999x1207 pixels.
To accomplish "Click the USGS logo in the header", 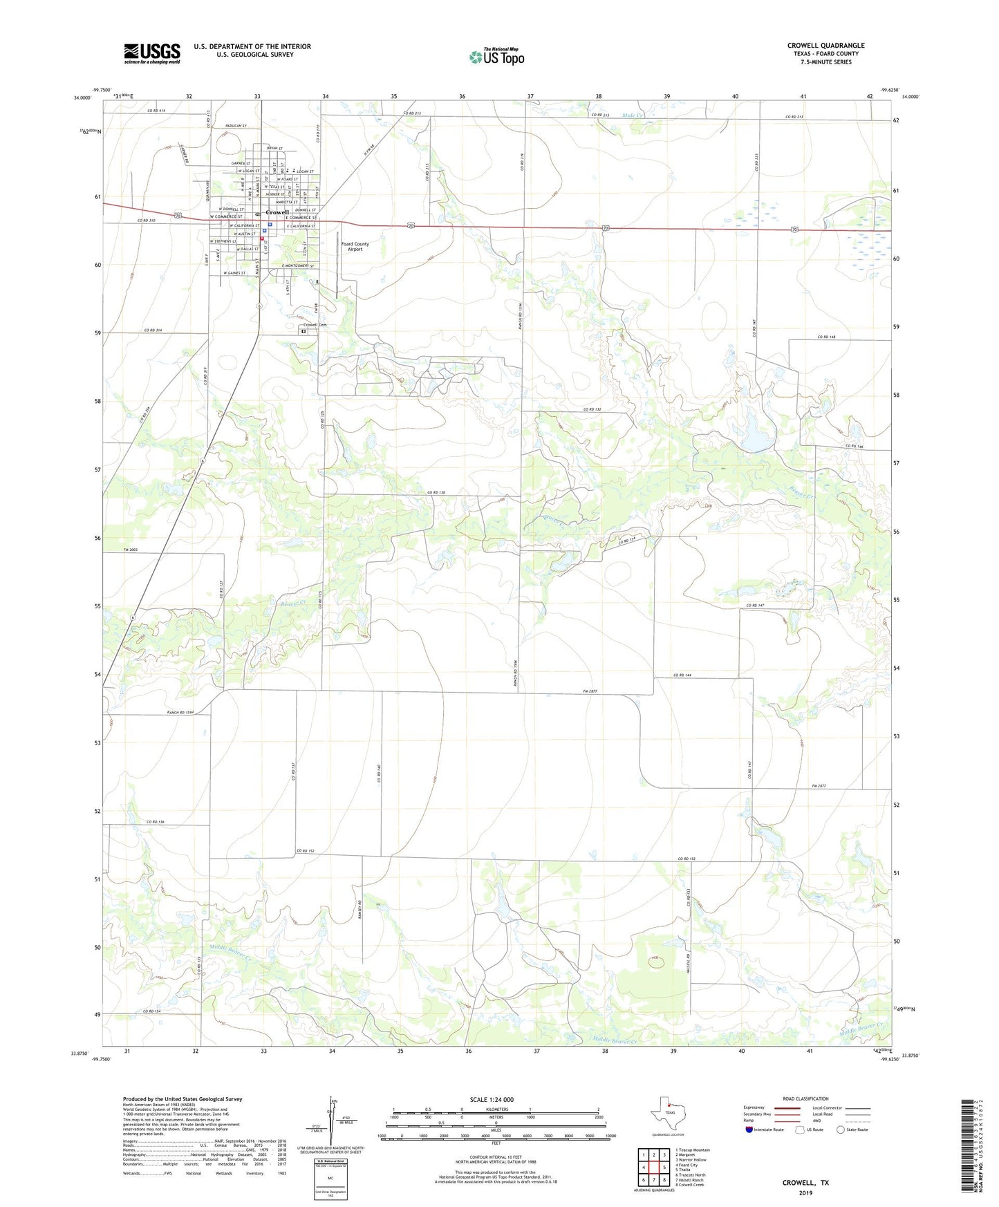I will (x=152, y=53).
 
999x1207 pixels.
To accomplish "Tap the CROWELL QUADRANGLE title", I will (x=825, y=46).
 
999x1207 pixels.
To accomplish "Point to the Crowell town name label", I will (x=277, y=212).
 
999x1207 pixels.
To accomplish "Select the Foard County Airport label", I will (x=355, y=246).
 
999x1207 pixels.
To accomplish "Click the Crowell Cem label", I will (x=315, y=325).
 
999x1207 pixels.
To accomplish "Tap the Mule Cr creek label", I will (x=632, y=115).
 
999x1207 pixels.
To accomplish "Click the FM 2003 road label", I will (x=131, y=550).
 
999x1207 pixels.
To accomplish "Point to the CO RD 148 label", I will (x=827, y=337).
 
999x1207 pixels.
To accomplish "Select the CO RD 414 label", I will (x=156, y=111).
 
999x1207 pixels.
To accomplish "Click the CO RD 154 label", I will (x=152, y=1011).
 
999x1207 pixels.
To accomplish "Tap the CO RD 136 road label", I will (x=156, y=822).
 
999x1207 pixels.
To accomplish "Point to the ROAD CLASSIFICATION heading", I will (x=805, y=1098).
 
